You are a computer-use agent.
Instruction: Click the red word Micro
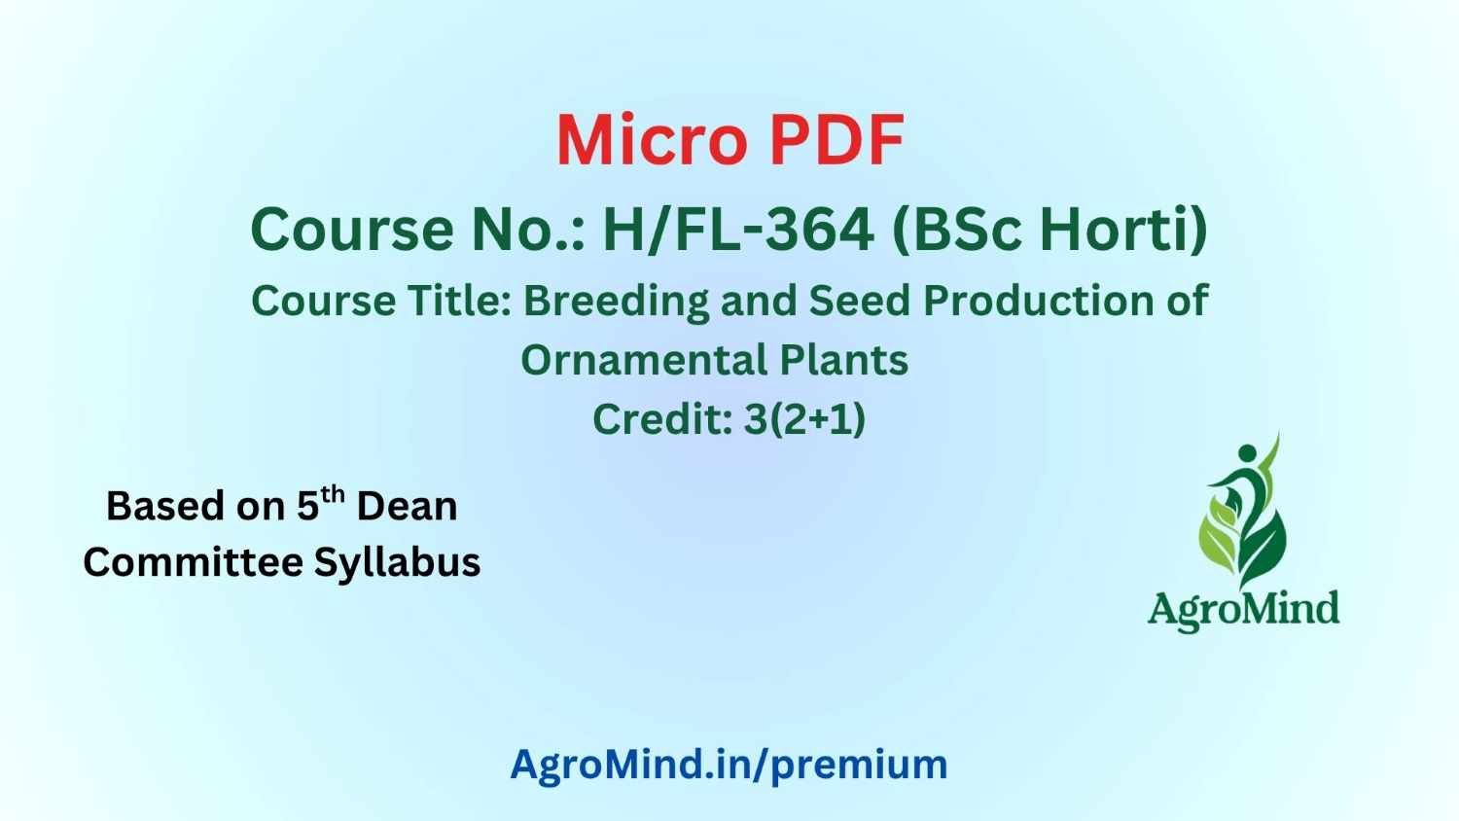[x=652, y=141]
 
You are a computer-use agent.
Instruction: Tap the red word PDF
[x=836, y=141]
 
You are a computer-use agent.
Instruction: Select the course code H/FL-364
[x=738, y=230]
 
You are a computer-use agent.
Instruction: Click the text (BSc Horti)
[x=1050, y=230]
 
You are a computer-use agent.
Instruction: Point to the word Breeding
[x=616, y=302]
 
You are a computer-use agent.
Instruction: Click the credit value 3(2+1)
[x=804, y=419]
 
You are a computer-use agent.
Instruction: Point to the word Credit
[x=663, y=418]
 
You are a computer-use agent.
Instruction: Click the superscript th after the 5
[x=333, y=495]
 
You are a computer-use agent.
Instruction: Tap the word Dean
[x=408, y=506]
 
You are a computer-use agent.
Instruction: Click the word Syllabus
[x=397, y=564]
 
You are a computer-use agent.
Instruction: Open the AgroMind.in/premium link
[x=729, y=765]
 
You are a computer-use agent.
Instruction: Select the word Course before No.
[x=352, y=230]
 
